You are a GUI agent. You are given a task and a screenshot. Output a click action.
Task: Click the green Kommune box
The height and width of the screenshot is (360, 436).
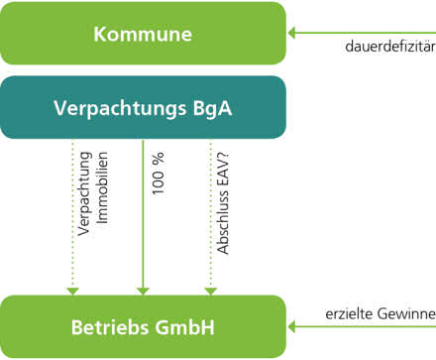143,34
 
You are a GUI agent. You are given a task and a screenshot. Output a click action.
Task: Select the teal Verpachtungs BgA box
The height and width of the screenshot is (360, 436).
143,107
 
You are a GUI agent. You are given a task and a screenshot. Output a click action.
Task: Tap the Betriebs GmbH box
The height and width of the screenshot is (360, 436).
143,326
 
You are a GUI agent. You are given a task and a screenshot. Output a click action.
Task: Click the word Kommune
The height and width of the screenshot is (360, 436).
143,34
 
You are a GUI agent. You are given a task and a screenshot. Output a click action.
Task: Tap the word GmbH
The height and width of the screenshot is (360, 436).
185,326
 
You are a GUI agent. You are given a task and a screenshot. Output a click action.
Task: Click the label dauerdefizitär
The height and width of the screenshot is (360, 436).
390,47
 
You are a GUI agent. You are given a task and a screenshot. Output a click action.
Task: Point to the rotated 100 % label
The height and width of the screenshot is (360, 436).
159,174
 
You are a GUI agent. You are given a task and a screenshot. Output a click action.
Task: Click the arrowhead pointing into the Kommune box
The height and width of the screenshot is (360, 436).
292,33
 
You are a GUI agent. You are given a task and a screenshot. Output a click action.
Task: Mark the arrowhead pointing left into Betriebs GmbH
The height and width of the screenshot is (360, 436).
292,325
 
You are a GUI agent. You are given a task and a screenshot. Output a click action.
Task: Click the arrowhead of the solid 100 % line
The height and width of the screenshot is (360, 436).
143,290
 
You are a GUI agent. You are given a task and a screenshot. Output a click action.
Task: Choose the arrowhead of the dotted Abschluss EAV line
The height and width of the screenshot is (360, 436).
210,290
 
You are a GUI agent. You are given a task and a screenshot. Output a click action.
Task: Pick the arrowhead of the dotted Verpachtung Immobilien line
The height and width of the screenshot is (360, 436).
72,290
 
